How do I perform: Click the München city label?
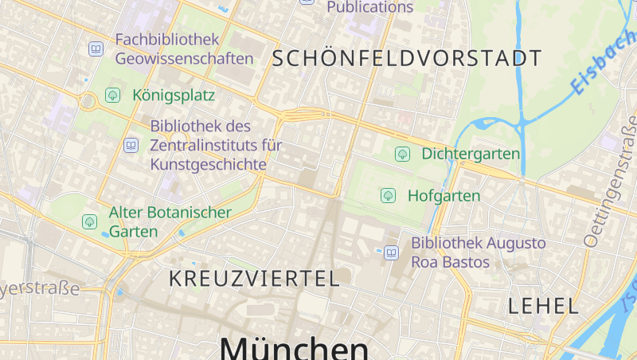coord(294,348)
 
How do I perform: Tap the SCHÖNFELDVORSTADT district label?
coord(407,58)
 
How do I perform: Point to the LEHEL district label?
coord(543,305)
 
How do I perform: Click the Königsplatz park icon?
coord(113,96)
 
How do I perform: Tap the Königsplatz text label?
coord(174,96)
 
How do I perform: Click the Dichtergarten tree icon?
coord(403,154)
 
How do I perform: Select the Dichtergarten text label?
coord(471,154)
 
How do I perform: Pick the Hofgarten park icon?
coord(388,195)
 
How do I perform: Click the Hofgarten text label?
coord(444,195)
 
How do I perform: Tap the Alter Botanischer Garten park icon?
coord(90,221)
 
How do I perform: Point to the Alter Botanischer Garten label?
coord(170,222)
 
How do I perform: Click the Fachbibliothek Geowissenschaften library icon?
coord(96,49)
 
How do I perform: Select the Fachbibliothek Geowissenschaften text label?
coord(184,49)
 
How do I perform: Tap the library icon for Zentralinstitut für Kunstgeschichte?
coord(131,145)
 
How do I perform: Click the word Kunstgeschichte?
coord(207,164)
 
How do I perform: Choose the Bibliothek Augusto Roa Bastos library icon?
coord(391,252)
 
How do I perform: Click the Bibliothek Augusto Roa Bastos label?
coord(478,252)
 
